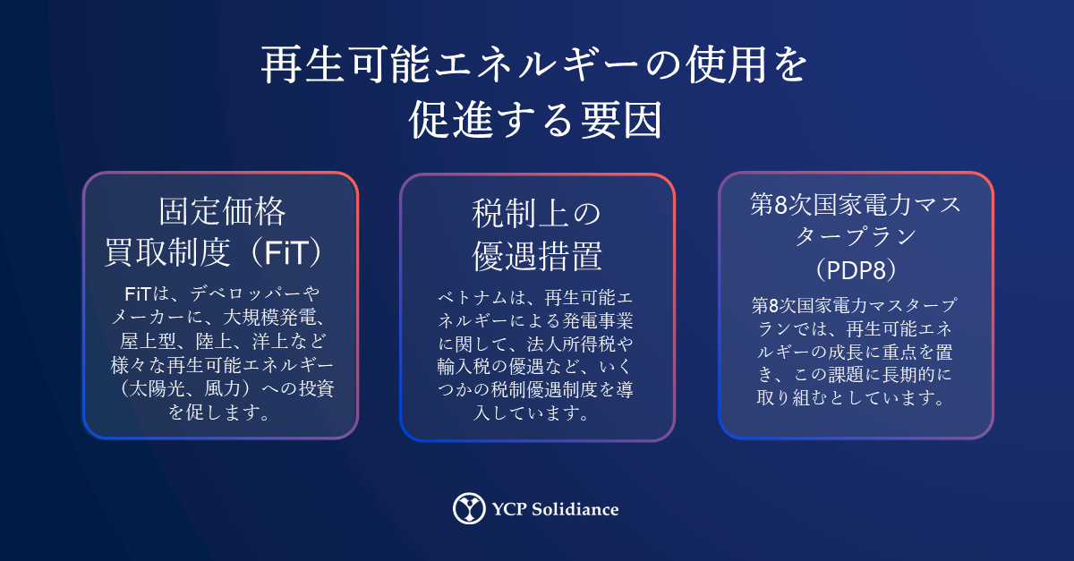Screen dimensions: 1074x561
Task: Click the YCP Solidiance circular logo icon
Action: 469,508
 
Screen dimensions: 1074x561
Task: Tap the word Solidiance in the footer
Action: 575,509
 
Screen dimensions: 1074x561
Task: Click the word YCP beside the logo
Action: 509,509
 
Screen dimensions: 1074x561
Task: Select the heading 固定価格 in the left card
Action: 222,211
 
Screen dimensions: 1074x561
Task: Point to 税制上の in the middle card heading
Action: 536,214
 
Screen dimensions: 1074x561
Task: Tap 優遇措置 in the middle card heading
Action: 537,257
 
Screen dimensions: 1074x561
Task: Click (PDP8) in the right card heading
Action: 856,270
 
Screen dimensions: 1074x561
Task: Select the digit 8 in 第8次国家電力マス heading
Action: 781,205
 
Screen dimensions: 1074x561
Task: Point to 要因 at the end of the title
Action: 622,120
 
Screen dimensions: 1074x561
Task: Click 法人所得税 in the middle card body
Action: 571,344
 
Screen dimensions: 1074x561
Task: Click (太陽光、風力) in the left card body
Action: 185,389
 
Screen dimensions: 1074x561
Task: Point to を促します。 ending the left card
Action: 220,412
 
